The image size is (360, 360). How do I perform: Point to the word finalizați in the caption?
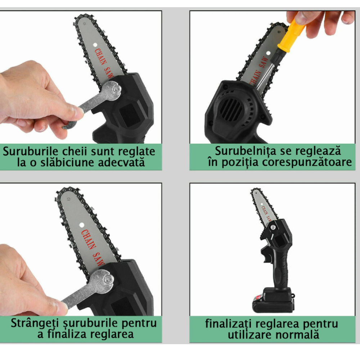229,324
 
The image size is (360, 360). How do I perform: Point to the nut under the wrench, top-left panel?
116,89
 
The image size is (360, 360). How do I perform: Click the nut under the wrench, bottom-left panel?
107,279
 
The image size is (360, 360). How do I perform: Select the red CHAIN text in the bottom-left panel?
89,239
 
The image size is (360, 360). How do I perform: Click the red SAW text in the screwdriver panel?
264,62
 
